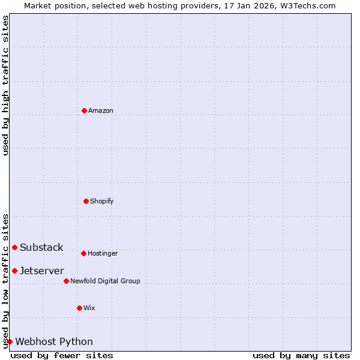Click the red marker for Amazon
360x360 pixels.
click(x=84, y=110)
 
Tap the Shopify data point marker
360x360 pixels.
click(x=86, y=201)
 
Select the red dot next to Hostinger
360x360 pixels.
click(x=83, y=253)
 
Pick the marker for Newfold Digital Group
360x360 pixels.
click(x=66, y=281)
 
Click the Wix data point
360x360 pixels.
click(x=79, y=308)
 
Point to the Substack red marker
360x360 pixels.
click(x=14, y=247)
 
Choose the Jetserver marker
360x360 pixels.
click(x=14, y=271)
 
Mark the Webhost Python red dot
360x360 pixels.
click(x=10, y=341)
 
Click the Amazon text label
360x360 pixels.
click(x=101, y=111)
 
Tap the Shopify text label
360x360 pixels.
click(x=102, y=202)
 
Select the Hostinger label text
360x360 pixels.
click(x=103, y=254)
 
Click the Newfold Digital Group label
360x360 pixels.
click(x=105, y=281)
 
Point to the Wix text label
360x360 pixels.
click(x=89, y=308)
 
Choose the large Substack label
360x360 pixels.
click(x=41, y=248)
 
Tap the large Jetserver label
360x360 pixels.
click(x=42, y=271)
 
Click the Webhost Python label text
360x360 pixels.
click(x=54, y=342)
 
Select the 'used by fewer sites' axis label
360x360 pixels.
click(x=62, y=355)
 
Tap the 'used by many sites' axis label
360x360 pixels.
click(x=301, y=355)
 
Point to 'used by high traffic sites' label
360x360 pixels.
click(x=6, y=85)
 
